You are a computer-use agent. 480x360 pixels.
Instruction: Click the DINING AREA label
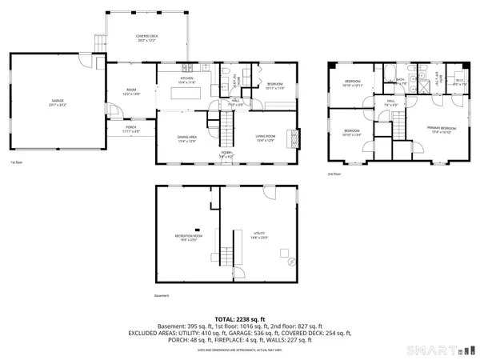[x=187, y=139]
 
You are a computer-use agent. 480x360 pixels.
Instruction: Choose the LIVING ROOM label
[x=266, y=139]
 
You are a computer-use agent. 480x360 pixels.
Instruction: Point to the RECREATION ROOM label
[x=189, y=237]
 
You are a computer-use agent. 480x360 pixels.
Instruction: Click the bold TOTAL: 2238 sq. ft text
[x=240, y=318]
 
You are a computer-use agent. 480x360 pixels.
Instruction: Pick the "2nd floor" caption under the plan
[x=334, y=174]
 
